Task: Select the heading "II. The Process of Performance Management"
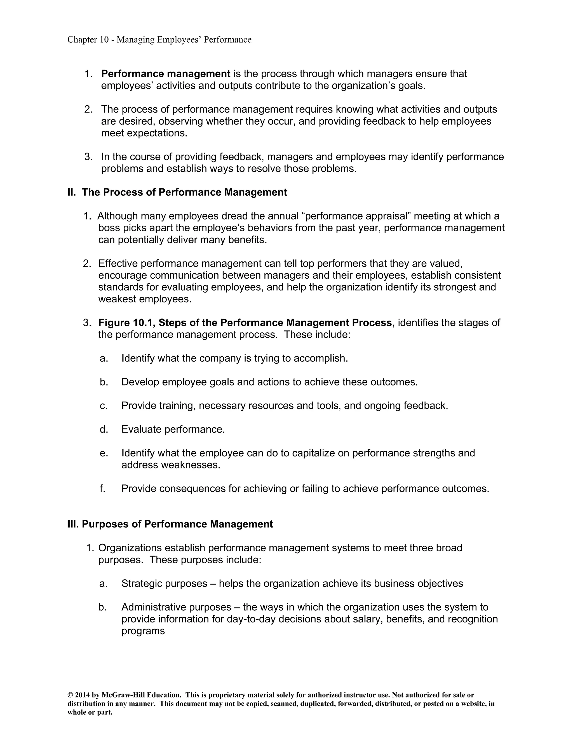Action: point(177,192)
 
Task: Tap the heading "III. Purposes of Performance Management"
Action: point(170,524)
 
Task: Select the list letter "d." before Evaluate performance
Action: point(104,430)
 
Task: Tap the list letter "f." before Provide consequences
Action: point(102,489)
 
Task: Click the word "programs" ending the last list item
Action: point(143,631)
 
